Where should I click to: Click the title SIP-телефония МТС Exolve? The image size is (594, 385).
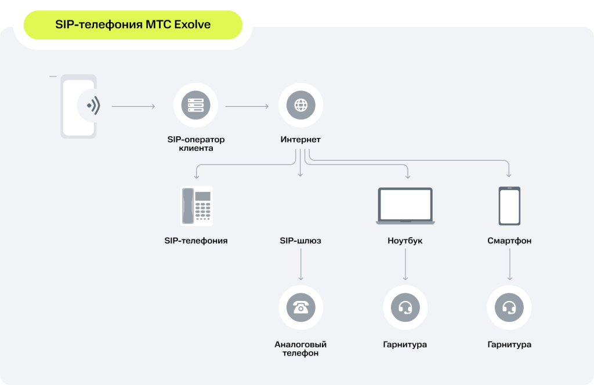133,24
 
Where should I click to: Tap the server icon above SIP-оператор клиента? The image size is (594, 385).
196,106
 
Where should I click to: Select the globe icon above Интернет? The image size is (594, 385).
301,106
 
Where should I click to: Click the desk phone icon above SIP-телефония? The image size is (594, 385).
197,206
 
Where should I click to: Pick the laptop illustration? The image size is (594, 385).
405,206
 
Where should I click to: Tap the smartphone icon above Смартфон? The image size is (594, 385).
509,206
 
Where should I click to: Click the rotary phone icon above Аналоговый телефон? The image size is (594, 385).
301,307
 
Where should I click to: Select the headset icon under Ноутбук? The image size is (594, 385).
405,307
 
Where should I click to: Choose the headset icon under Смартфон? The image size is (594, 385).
509,307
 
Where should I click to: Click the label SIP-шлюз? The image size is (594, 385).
300,241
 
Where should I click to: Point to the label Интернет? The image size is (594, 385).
300,139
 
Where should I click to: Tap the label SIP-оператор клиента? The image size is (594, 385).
196,143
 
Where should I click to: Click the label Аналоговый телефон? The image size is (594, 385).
300,348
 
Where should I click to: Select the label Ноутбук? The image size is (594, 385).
405,241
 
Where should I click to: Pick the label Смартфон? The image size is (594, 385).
509,241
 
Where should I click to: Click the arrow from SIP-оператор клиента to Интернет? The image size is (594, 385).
247,106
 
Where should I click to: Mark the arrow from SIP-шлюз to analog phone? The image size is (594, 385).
301,264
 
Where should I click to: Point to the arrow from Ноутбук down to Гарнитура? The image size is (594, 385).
405,264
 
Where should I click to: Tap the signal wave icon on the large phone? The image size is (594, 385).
93,106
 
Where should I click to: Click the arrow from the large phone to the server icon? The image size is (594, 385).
133,106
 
